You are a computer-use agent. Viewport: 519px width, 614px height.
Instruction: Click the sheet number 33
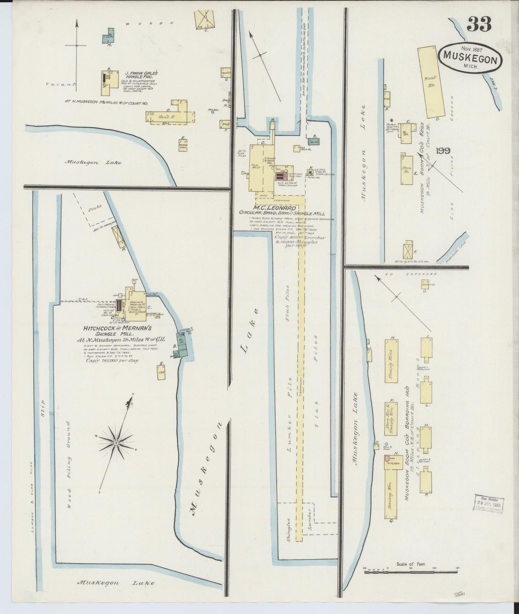(x=479, y=24)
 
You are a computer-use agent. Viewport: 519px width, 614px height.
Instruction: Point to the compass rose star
(x=116, y=443)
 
